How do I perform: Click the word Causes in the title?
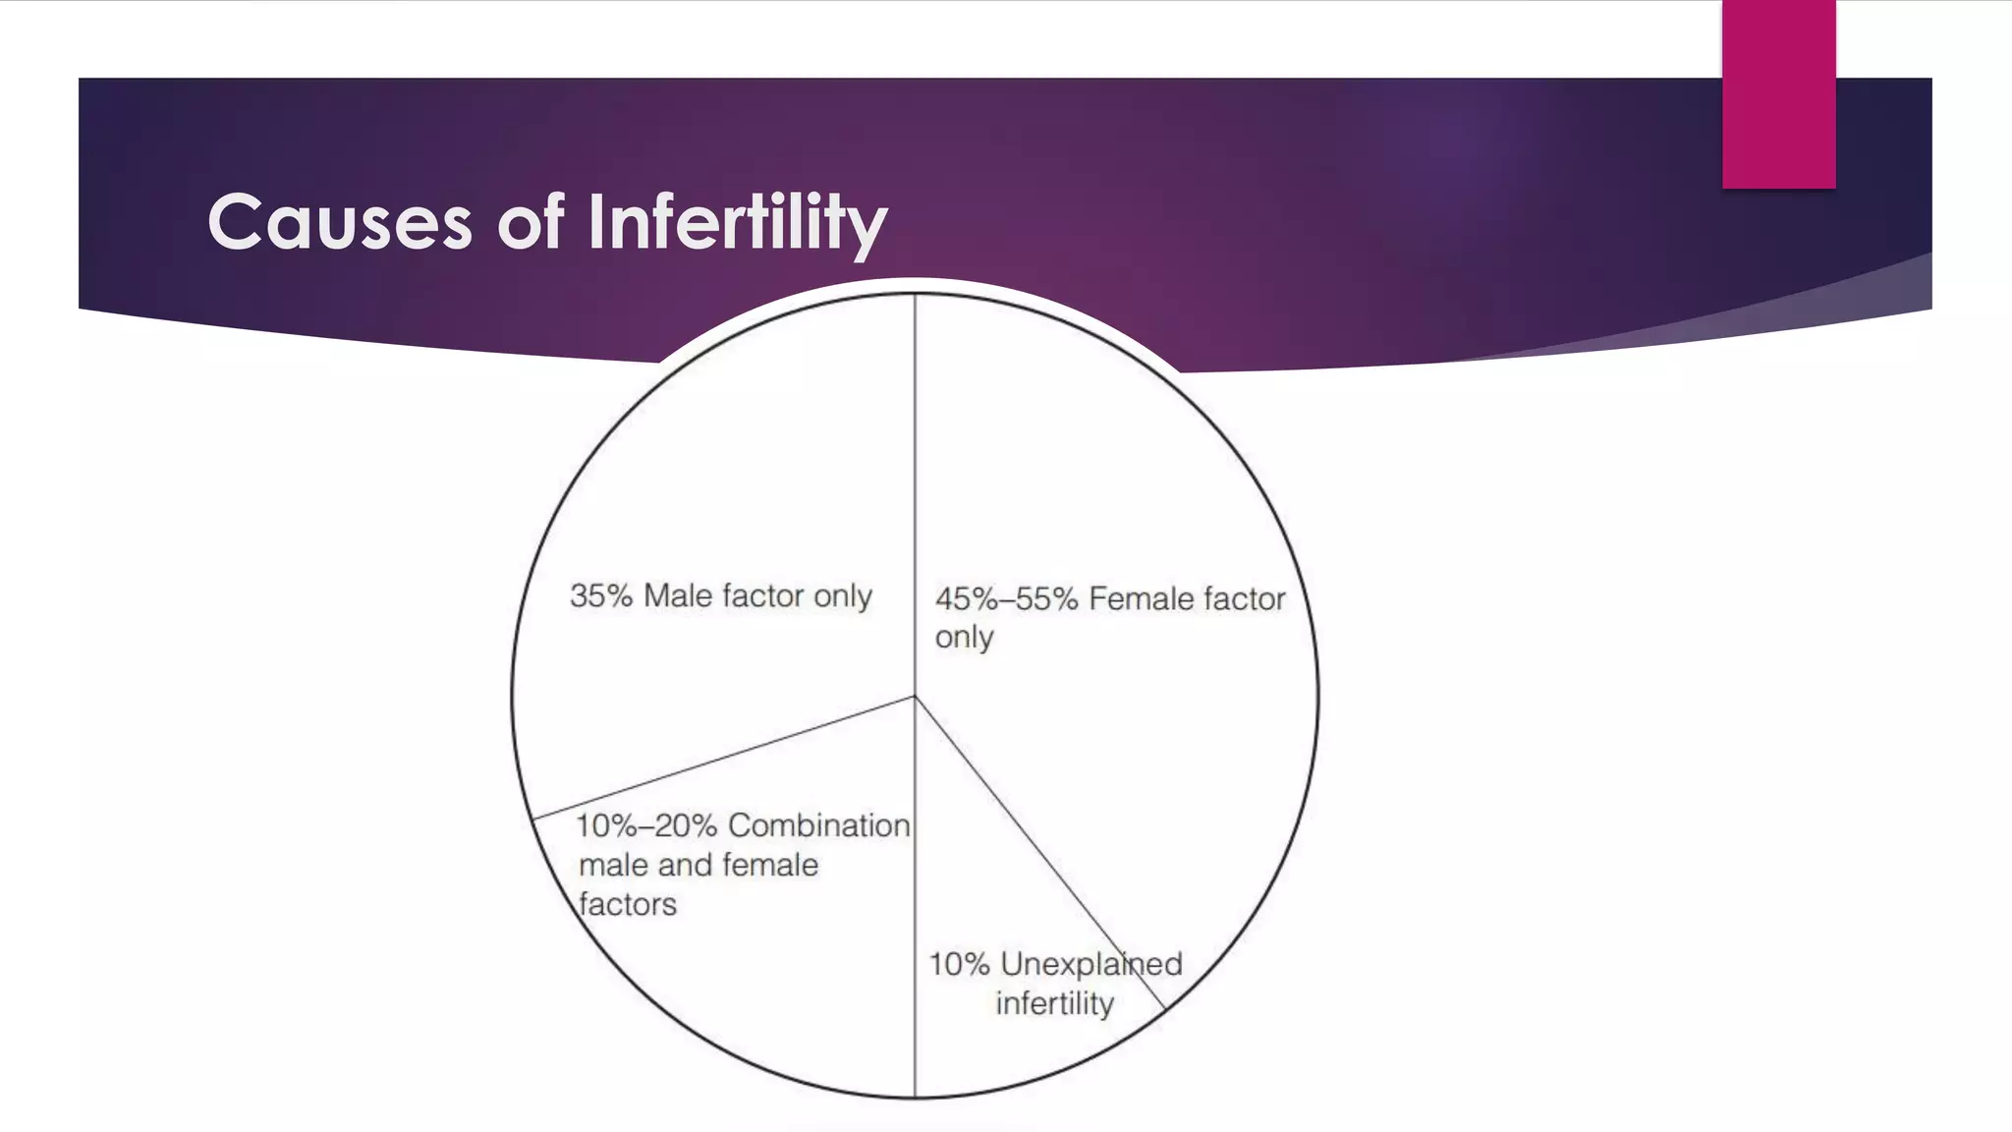(x=340, y=222)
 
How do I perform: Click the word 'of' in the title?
(x=530, y=222)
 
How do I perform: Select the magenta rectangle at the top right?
(x=1778, y=94)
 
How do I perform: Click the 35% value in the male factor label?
(x=600, y=595)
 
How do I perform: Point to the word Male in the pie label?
(x=678, y=595)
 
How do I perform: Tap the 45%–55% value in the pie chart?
(x=1006, y=598)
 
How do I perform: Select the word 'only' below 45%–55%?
(x=964, y=638)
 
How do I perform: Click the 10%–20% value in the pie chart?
(x=646, y=825)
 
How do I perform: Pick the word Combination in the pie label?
(x=818, y=825)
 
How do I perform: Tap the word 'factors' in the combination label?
(x=628, y=904)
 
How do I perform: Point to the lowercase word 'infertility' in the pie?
(x=1054, y=1003)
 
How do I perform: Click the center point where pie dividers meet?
(x=915, y=697)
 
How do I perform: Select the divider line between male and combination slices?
(x=724, y=758)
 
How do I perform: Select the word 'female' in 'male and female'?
(x=770, y=865)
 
